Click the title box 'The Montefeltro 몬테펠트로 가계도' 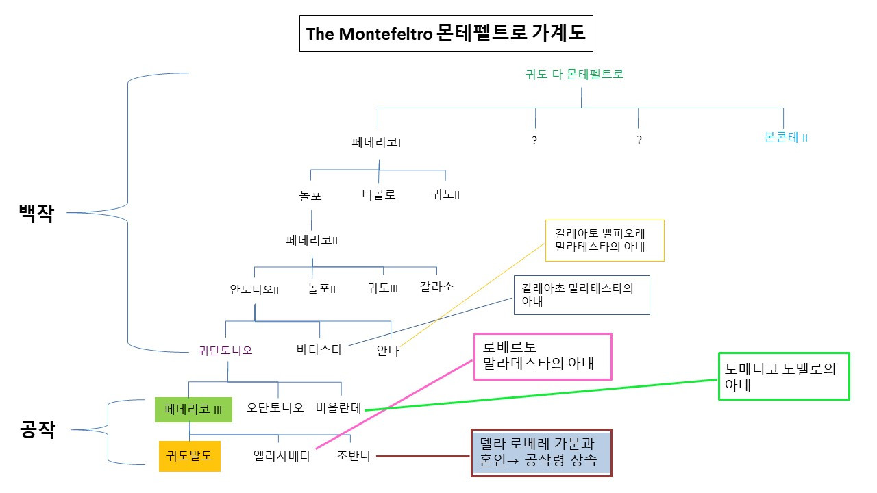445,34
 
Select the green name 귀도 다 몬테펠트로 574,75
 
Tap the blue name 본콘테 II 786,137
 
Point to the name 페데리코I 376,143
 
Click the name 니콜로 379,194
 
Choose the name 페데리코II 312,240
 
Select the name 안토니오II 254,290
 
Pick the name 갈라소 436,286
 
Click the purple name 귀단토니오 225,351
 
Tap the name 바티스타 319,351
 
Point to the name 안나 387,351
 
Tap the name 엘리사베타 282,456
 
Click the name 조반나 354,456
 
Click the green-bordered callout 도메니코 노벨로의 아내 783,376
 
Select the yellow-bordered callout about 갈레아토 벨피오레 604,240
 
